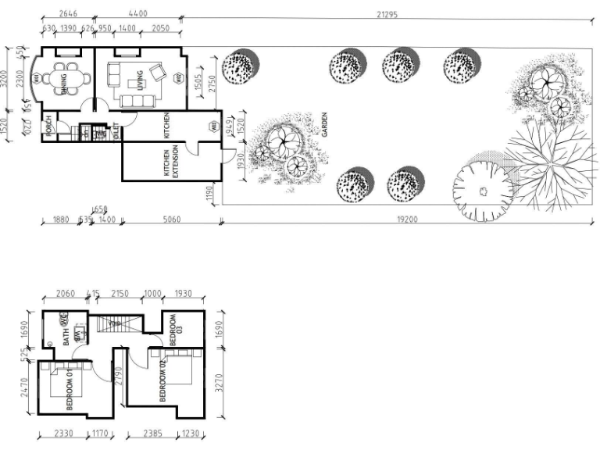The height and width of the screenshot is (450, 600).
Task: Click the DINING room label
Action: pos(62,82)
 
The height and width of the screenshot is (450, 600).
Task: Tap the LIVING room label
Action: pos(140,81)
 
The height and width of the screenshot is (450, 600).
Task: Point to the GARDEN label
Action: pos(324,125)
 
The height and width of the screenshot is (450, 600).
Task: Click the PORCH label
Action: pos(48,126)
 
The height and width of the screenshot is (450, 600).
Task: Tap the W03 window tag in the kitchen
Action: pos(212,127)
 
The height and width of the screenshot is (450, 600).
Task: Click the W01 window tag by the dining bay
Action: pos(37,78)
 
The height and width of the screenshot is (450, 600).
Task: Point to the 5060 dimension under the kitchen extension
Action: pos(171,220)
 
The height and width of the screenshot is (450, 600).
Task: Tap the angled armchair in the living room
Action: pos(158,73)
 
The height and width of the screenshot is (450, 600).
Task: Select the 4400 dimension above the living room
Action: pos(137,14)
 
